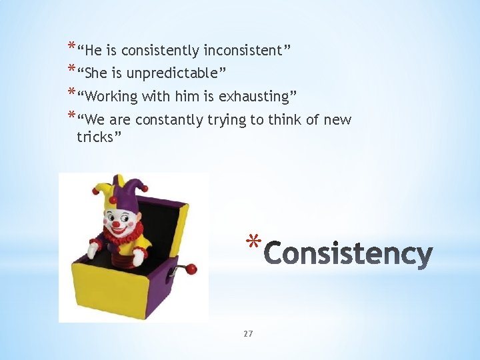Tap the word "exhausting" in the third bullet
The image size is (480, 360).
tap(255, 97)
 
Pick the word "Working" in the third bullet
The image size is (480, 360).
tap(111, 97)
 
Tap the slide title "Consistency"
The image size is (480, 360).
tap(349, 255)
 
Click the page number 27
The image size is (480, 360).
tap(248, 333)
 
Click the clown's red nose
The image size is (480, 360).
tap(117, 225)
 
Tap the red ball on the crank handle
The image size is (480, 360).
tap(191, 269)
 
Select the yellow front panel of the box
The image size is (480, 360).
tap(110, 287)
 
